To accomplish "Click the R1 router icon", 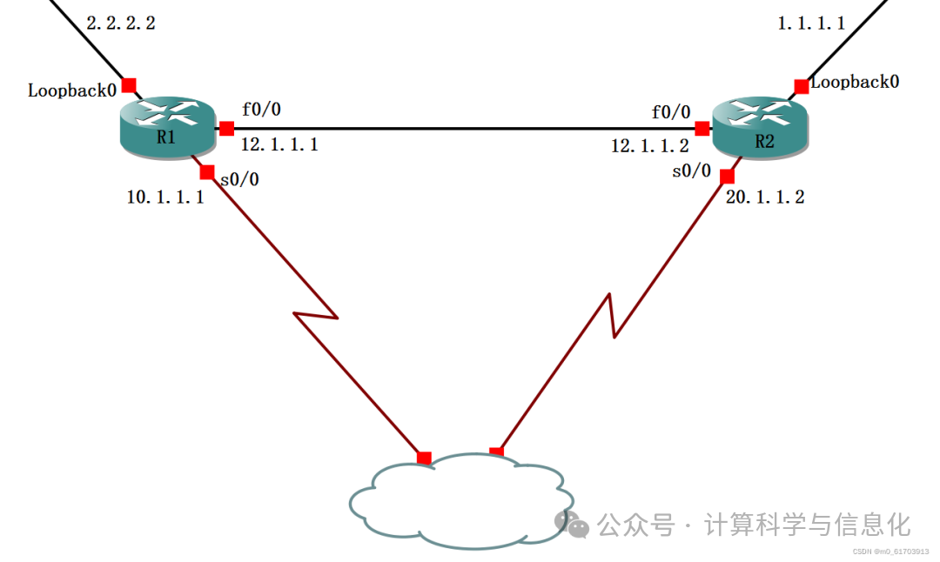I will [166, 129].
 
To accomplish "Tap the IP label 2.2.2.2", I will [121, 23].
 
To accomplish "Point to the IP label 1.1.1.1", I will [811, 23].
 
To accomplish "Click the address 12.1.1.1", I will [279, 144].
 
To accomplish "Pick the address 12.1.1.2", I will [649, 146].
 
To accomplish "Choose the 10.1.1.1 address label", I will [165, 197].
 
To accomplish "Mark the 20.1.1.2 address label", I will [765, 197].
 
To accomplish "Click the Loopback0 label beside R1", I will [72, 90].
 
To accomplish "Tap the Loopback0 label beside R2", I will [855, 82].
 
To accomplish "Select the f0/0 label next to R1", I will [261, 110].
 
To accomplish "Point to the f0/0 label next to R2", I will [671, 112].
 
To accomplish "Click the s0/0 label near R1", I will [239, 180].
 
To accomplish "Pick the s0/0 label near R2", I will [692, 171].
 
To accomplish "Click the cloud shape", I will [461, 502].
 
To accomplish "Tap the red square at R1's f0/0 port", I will [226, 129].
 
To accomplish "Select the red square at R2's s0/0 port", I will [727, 177].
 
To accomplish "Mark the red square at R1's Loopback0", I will [129, 85].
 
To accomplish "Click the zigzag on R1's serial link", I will [316, 315].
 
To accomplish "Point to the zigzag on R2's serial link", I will [611, 315].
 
